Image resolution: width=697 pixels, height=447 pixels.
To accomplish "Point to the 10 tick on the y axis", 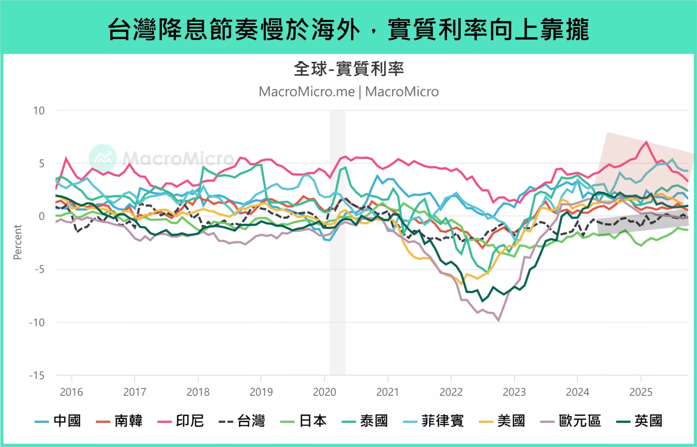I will pos(39,110).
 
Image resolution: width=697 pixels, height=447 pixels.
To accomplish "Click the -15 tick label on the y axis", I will pos(37,375).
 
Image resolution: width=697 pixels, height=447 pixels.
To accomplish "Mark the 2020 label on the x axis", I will pos(325,392).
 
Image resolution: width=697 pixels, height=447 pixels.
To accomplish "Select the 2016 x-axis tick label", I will pos(72,392).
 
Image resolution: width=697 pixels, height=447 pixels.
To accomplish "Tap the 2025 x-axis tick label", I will pos(641,392).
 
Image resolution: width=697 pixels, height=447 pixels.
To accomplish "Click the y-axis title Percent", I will pos(17,242).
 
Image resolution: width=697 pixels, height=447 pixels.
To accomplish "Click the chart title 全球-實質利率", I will pos(348,69).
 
